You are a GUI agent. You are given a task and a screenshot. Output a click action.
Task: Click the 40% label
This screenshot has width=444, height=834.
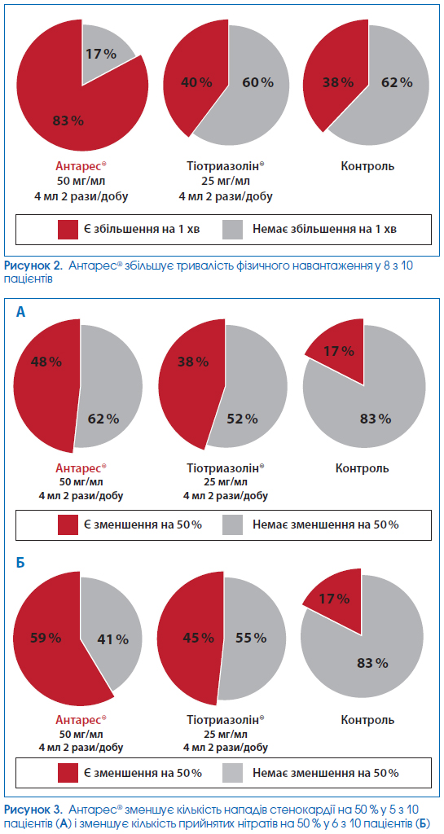pos(196,82)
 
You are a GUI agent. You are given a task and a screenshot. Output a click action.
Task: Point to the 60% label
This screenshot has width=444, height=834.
pos(258,82)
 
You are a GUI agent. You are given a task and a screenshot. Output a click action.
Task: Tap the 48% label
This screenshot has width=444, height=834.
pos(46,362)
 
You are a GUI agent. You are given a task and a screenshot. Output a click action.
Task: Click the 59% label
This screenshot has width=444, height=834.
pos(46,637)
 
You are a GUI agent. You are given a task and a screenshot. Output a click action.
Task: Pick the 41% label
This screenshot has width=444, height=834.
pos(112,639)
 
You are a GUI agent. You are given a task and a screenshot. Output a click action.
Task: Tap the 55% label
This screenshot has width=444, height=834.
pos(250,637)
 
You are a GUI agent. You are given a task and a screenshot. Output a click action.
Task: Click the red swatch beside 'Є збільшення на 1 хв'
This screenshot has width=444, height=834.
pos(68,229)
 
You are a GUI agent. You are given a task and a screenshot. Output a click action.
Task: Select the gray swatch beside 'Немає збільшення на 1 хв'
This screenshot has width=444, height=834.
pos(232,229)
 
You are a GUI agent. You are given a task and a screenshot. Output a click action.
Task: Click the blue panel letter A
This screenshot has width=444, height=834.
pos(20,312)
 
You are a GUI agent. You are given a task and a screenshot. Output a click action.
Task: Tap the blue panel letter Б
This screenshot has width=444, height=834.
pos(20,562)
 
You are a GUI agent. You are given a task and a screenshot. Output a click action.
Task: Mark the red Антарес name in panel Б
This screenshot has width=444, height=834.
pos(81,720)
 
